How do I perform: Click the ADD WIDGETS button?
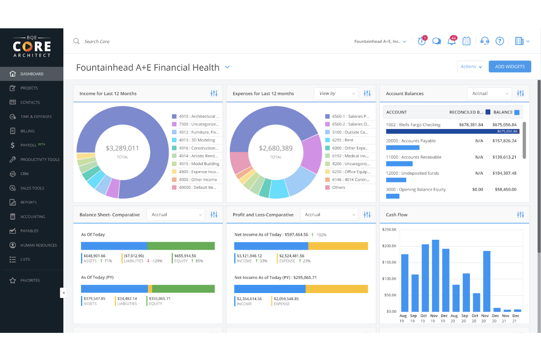[510, 67]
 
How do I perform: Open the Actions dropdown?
[471, 67]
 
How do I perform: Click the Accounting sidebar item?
[33, 217]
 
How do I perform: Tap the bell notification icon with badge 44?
[451, 41]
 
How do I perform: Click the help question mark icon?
[499, 41]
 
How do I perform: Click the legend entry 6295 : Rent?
[343, 140]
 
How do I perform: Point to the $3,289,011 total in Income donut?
[122, 148]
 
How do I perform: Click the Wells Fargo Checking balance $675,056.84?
[504, 125]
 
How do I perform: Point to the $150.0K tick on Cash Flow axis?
[389, 262]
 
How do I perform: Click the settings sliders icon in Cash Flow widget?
[520, 215]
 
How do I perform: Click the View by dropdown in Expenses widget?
[336, 94]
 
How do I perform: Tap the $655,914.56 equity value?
[185, 256]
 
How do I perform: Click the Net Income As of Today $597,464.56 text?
[271, 234]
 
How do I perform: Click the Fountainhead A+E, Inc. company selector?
[380, 41]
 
